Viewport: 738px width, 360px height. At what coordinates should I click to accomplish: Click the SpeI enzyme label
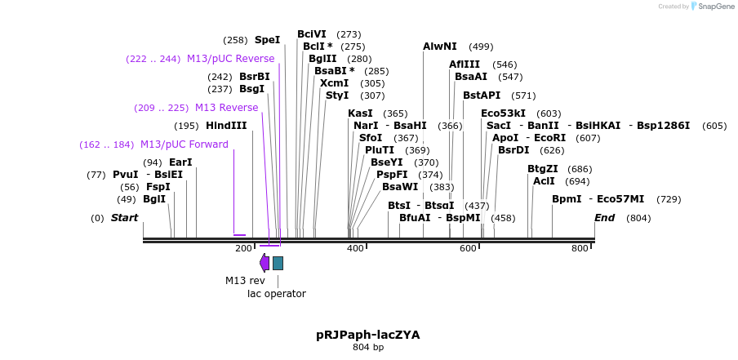tap(267, 40)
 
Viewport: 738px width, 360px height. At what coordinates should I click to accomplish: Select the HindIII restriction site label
tap(226, 126)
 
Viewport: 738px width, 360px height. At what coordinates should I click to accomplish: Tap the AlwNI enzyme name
tap(440, 47)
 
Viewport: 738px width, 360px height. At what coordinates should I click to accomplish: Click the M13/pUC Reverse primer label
tap(230, 59)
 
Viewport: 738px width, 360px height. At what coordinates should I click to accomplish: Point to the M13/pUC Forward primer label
tap(184, 144)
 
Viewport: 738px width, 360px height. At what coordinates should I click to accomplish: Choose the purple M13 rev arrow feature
tap(265, 262)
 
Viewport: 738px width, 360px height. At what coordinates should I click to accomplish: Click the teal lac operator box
tap(278, 263)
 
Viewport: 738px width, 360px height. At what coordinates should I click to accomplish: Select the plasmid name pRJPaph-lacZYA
tap(368, 335)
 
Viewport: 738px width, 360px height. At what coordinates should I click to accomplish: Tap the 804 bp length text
tap(368, 348)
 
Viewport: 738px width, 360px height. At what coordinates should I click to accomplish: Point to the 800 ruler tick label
tap(580, 248)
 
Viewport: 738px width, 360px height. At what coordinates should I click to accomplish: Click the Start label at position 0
tap(124, 218)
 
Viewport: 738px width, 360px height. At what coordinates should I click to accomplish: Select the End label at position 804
tap(605, 218)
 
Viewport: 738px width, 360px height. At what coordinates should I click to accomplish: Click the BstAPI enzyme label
tap(482, 96)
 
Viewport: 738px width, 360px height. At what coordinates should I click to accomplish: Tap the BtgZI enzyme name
tap(543, 169)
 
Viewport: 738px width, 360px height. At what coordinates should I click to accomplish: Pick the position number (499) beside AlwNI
tap(481, 47)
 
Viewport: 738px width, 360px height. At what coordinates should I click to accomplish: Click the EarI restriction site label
tap(180, 162)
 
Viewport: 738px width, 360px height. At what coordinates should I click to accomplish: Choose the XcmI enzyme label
tap(335, 83)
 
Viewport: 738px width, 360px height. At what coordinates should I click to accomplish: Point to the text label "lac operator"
tap(277, 294)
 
